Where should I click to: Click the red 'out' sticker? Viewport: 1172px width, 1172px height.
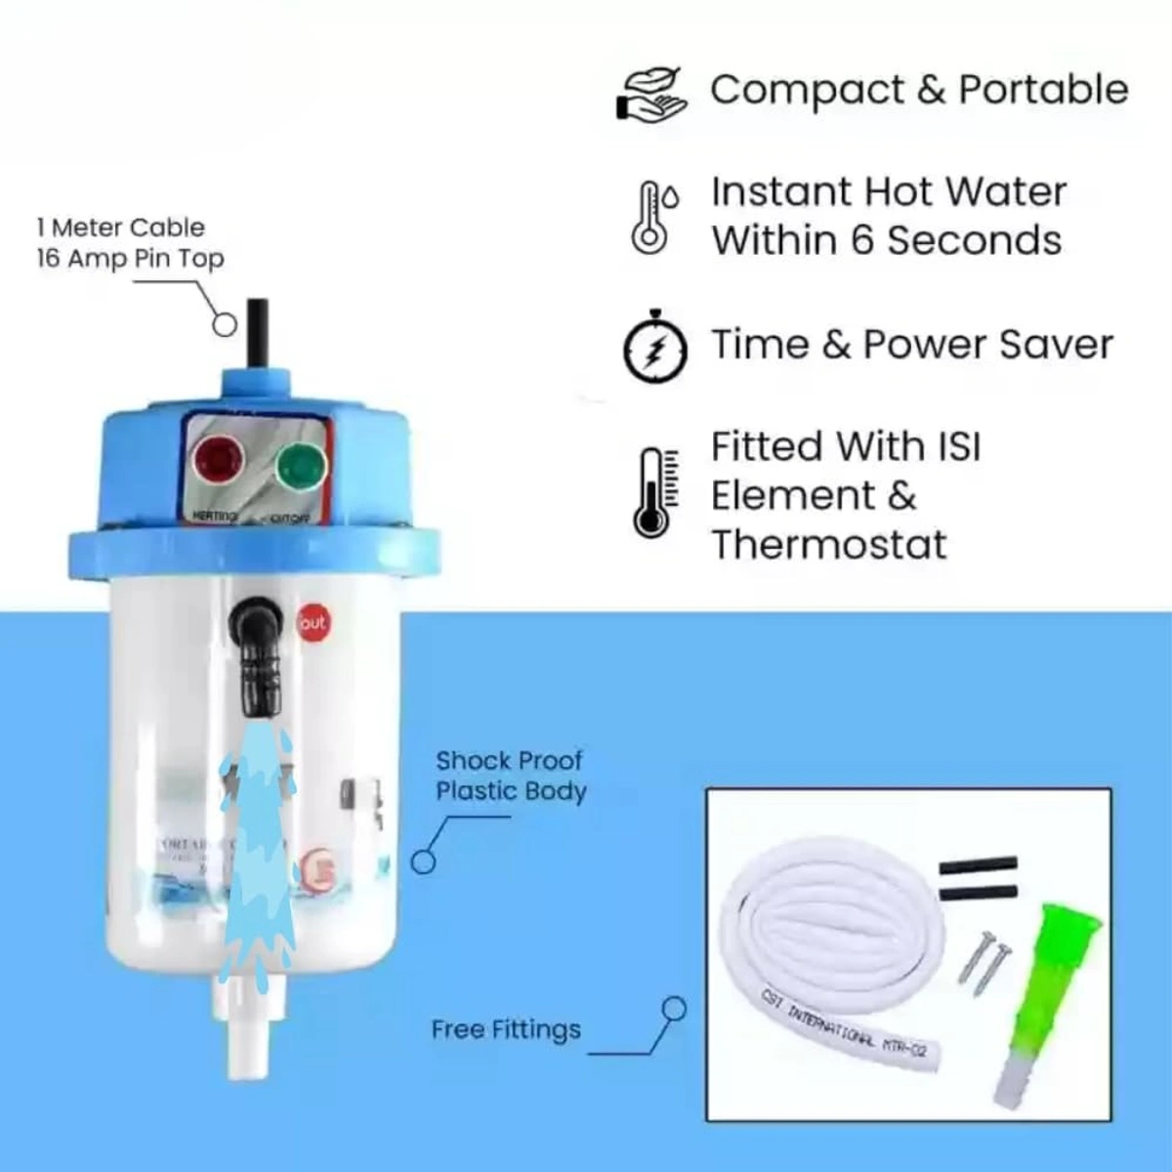[314, 623]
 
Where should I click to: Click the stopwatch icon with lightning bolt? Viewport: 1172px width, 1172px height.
[655, 347]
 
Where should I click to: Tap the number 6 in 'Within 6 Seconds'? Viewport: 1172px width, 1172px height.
[861, 240]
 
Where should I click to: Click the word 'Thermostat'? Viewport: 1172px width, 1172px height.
[828, 545]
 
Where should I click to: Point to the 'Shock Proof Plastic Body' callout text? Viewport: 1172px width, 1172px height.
[510, 775]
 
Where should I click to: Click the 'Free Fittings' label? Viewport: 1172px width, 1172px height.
[506, 1029]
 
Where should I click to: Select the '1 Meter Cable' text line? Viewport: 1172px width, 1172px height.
[121, 228]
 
